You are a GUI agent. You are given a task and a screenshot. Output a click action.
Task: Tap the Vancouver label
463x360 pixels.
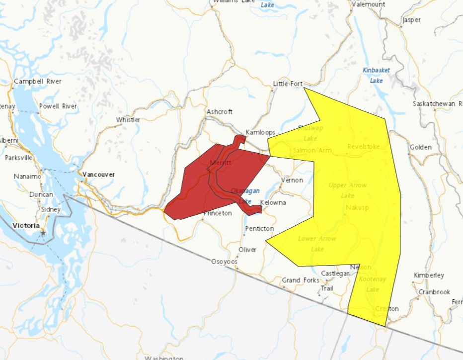point(98,175)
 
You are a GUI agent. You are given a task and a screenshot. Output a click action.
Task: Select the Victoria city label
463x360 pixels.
point(26,225)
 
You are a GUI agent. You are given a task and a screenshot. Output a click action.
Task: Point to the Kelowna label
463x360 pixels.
point(273,203)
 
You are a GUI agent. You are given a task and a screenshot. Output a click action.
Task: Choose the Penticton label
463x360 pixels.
point(259,229)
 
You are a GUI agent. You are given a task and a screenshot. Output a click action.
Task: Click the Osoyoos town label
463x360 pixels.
point(225,262)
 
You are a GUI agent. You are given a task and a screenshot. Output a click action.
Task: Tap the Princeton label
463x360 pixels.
point(218,213)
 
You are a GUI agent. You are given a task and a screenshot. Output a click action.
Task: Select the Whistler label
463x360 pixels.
point(128,120)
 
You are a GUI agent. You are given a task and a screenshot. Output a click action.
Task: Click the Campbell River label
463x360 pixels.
point(38,81)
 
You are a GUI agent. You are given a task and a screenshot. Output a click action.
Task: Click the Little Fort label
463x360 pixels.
point(288,84)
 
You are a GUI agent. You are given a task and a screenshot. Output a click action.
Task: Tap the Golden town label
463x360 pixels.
point(421,148)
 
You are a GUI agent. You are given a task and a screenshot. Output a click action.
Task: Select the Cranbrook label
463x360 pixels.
point(434,292)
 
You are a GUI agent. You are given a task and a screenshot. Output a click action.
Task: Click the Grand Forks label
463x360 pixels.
point(301,280)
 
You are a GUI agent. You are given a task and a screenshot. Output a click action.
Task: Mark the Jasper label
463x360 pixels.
point(412,20)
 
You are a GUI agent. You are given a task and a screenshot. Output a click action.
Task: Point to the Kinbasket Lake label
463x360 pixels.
point(376,75)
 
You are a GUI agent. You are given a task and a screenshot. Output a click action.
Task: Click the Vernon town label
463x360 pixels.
point(292,180)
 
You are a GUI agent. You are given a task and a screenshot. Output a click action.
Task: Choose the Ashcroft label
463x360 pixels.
point(220,112)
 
